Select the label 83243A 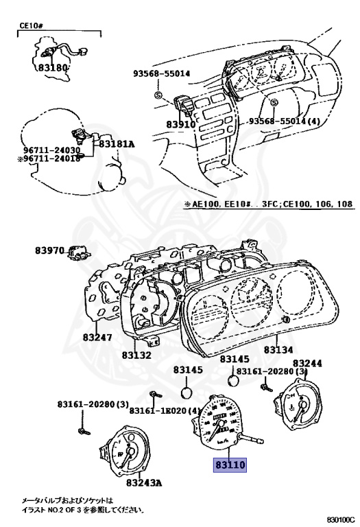tap(143, 482)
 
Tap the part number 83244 tap(307, 363)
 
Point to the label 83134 tap(279, 350)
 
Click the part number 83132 tap(137, 355)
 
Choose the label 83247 tap(97, 338)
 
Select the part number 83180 tap(51, 69)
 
